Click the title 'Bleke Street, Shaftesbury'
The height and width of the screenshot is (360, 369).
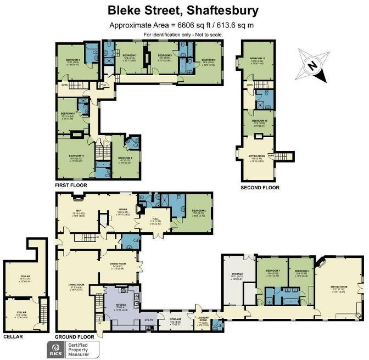coord(185,10)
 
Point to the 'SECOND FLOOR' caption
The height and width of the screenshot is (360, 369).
coord(260,188)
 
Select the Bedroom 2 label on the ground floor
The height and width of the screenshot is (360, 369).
coord(198,211)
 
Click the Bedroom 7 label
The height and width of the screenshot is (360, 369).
coord(130,55)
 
